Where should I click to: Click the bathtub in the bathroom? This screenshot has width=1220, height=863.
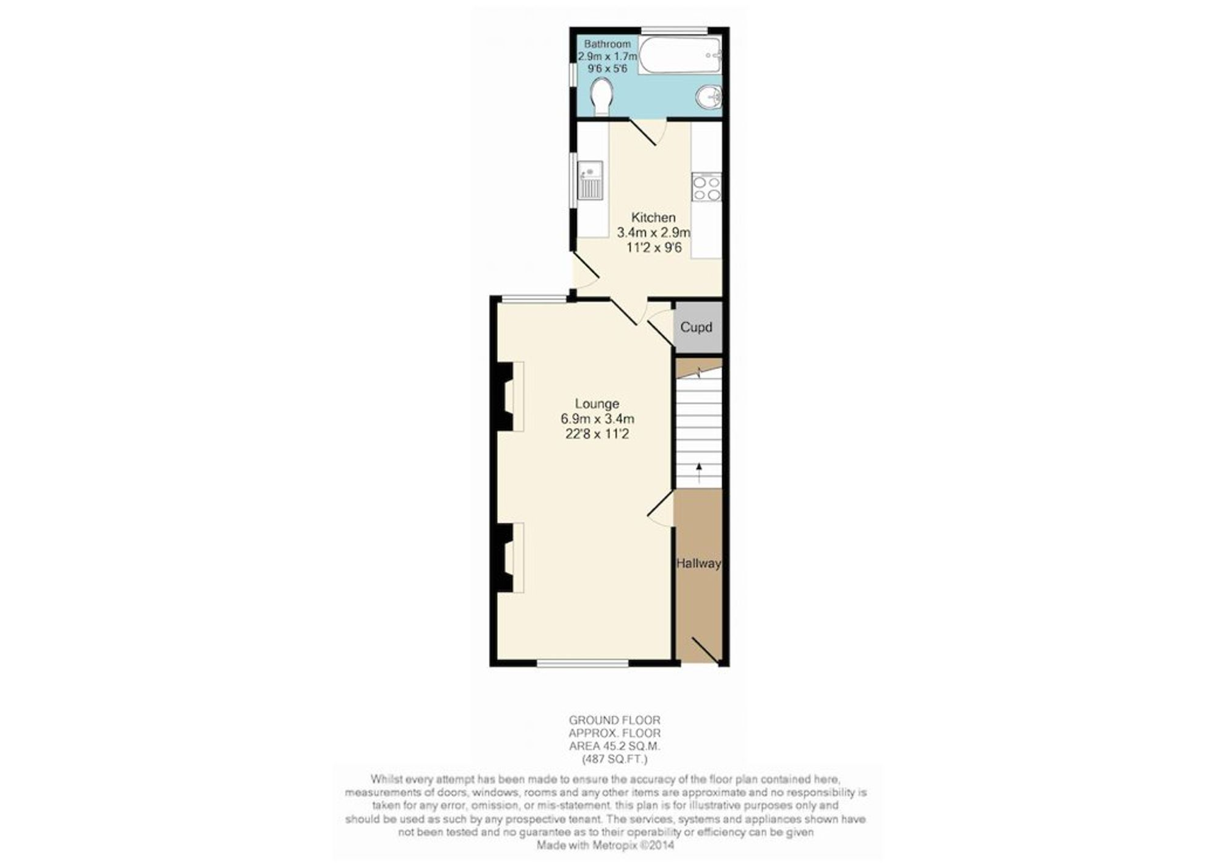coord(680,55)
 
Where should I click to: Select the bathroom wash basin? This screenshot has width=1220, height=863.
coord(709,97)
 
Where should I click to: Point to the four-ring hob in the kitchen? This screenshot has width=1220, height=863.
coord(706,187)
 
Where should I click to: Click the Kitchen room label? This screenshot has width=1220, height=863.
coord(653,217)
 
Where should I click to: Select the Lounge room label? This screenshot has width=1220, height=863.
coord(597,404)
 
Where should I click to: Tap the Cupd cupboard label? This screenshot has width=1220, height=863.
coord(696,328)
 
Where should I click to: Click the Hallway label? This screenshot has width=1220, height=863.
coord(698,564)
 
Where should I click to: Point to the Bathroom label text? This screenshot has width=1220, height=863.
coord(608,44)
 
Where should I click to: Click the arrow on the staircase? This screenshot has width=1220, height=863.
coord(699,473)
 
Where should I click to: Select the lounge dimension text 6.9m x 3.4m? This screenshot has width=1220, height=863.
coord(597,419)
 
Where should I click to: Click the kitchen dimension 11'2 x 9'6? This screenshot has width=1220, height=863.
coord(653,248)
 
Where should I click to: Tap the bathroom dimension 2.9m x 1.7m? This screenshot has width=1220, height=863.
coord(608,56)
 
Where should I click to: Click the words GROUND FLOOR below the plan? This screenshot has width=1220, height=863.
coord(615,720)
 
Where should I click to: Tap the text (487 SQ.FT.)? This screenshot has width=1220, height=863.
coord(615,759)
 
